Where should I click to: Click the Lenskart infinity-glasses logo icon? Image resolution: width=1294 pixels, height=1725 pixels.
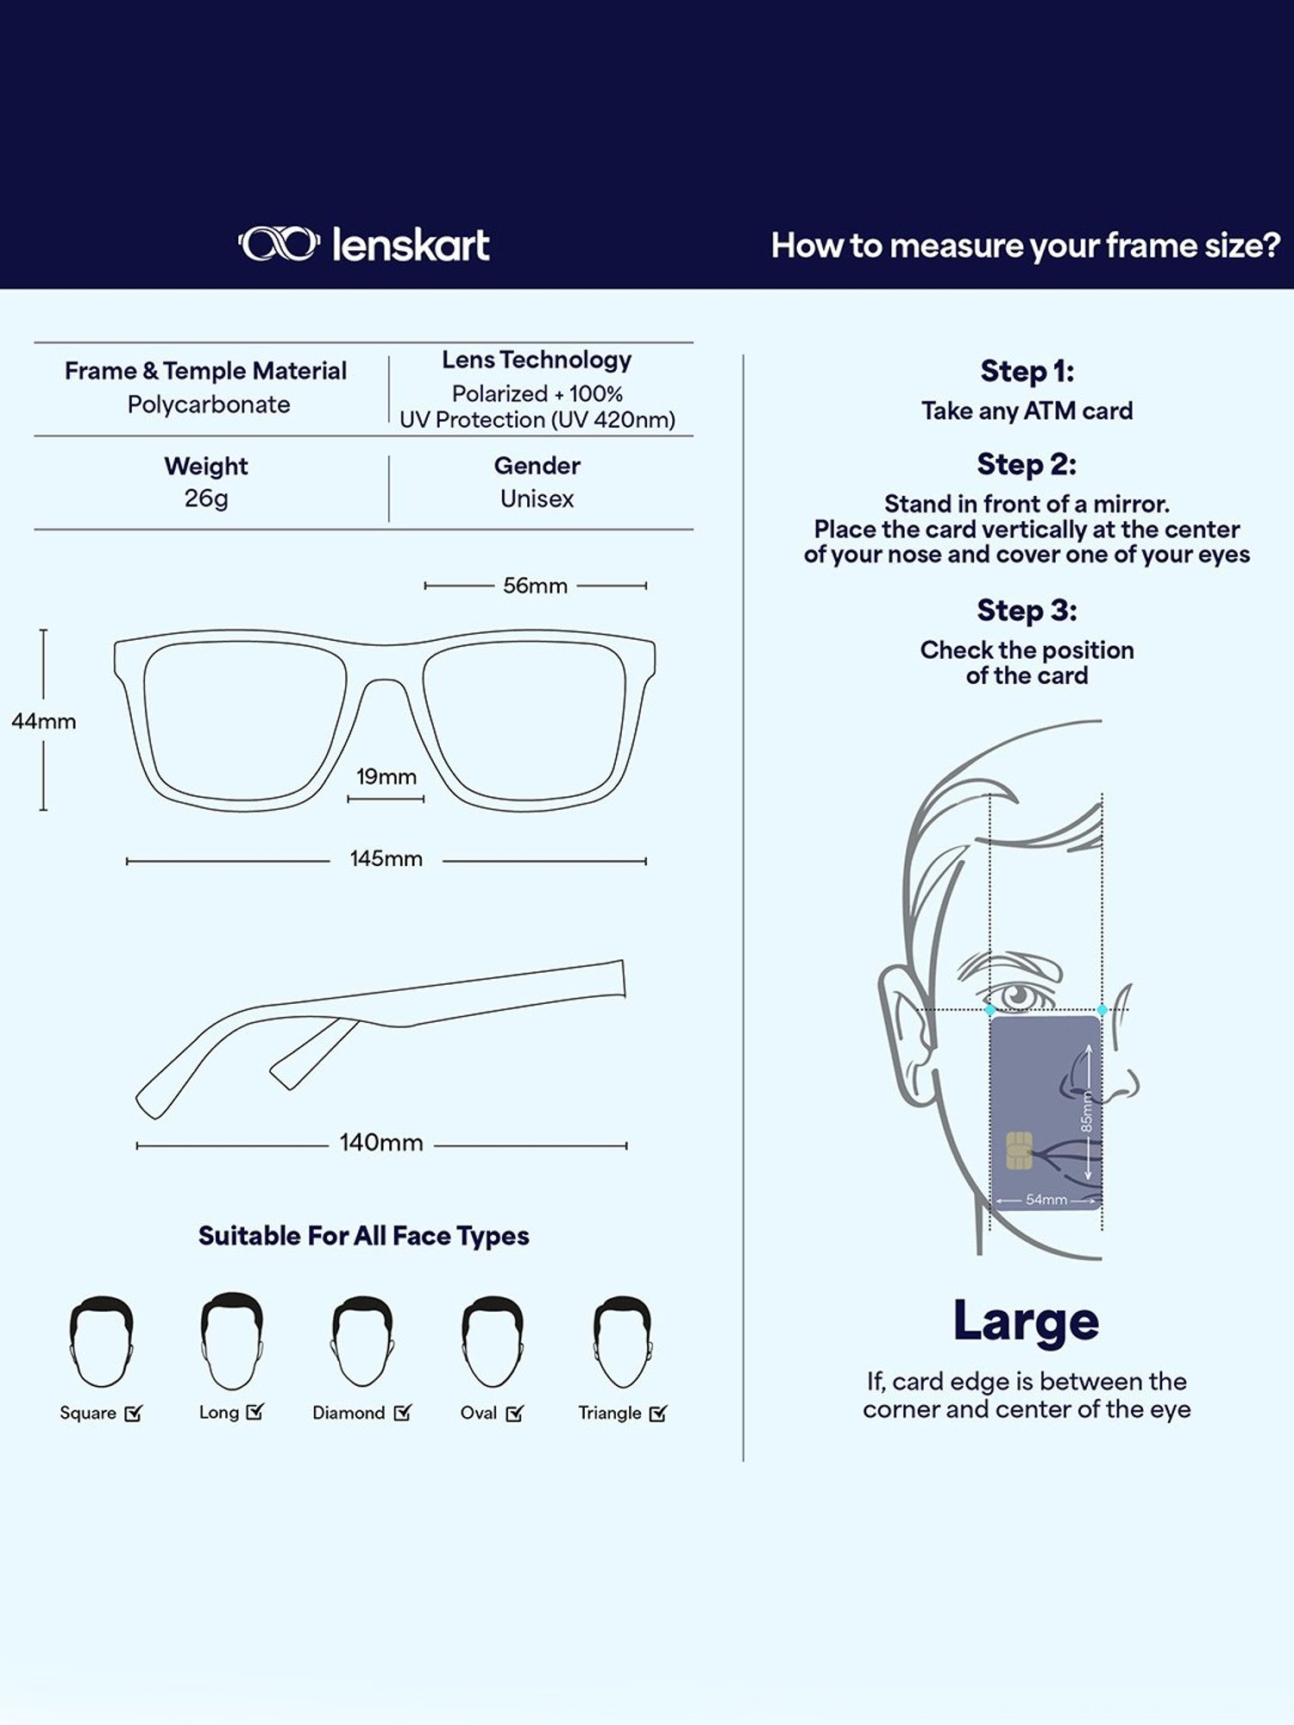(279, 244)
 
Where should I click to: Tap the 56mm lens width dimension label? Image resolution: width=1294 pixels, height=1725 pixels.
(535, 586)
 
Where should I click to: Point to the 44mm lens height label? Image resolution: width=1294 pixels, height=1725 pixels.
(44, 721)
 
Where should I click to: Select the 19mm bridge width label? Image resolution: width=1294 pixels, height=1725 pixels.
(386, 776)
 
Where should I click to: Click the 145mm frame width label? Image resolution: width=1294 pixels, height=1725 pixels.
(386, 859)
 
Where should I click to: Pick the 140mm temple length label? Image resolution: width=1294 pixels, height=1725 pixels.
(381, 1143)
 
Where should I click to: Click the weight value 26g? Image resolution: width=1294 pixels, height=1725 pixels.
(206, 499)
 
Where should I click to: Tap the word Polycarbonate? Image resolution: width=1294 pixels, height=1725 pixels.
(209, 405)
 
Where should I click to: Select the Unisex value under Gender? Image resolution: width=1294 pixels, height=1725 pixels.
(537, 499)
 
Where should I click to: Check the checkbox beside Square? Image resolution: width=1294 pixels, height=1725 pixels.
(133, 1414)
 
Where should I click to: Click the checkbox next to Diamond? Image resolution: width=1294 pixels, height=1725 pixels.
(403, 1413)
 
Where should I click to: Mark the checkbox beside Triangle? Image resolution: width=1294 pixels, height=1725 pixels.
(658, 1414)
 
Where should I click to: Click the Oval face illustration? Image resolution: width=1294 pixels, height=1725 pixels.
(492, 1342)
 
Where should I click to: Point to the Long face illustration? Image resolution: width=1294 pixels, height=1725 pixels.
(231, 1339)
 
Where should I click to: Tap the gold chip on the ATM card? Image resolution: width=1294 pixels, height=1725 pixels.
(1019, 1151)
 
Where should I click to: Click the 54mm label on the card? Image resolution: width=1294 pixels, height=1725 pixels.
(1046, 1200)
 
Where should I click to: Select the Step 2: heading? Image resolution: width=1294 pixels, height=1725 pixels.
(1027, 464)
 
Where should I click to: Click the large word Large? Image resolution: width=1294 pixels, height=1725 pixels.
(1026, 1322)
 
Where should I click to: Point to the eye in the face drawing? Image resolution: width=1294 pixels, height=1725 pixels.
(1020, 996)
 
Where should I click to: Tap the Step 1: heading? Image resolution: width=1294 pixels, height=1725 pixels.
(1027, 372)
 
